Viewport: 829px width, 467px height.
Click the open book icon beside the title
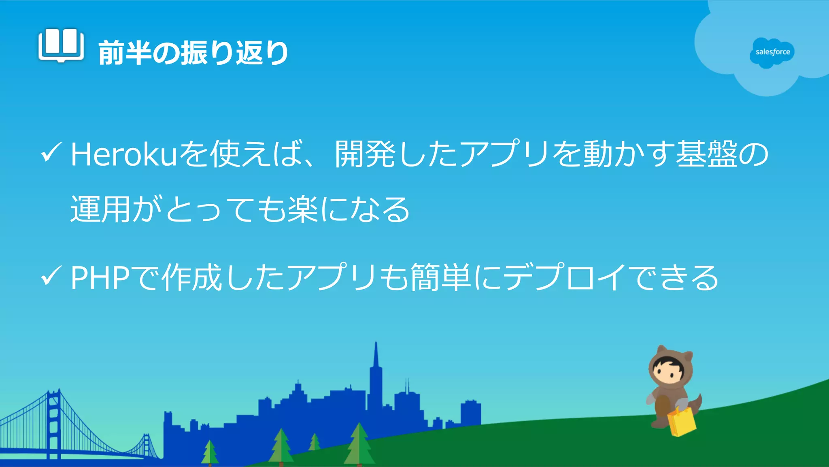tap(61, 45)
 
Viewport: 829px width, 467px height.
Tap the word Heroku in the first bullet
tap(124, 155)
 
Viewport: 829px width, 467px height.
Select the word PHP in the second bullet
tap(100, 278)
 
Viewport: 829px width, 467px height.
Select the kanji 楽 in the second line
tap(303, 209)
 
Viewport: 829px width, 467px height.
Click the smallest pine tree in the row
tap(315, 442)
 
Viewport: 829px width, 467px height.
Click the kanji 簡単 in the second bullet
tap(441, 278)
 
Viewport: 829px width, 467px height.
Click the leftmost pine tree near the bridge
tap(210, 452)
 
